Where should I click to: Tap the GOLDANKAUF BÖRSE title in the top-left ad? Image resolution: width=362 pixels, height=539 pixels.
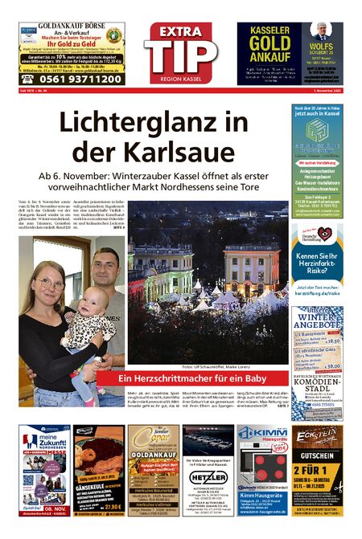click(x=71, y=27)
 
